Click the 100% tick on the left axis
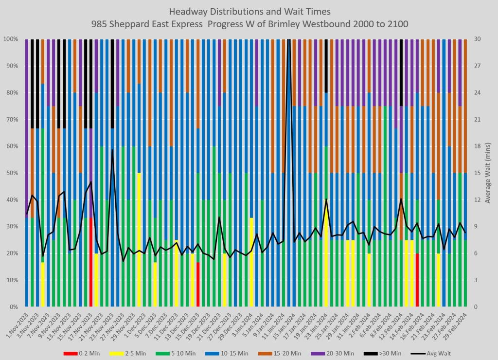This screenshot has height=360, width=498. point(11,39)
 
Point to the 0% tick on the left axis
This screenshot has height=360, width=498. point(14,307)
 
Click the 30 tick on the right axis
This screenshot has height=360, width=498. point(477,39)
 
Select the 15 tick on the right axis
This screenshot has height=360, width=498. point(477,173)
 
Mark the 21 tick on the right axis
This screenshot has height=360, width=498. point(477,119)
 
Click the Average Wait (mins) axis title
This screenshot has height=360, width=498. point(488,173)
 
